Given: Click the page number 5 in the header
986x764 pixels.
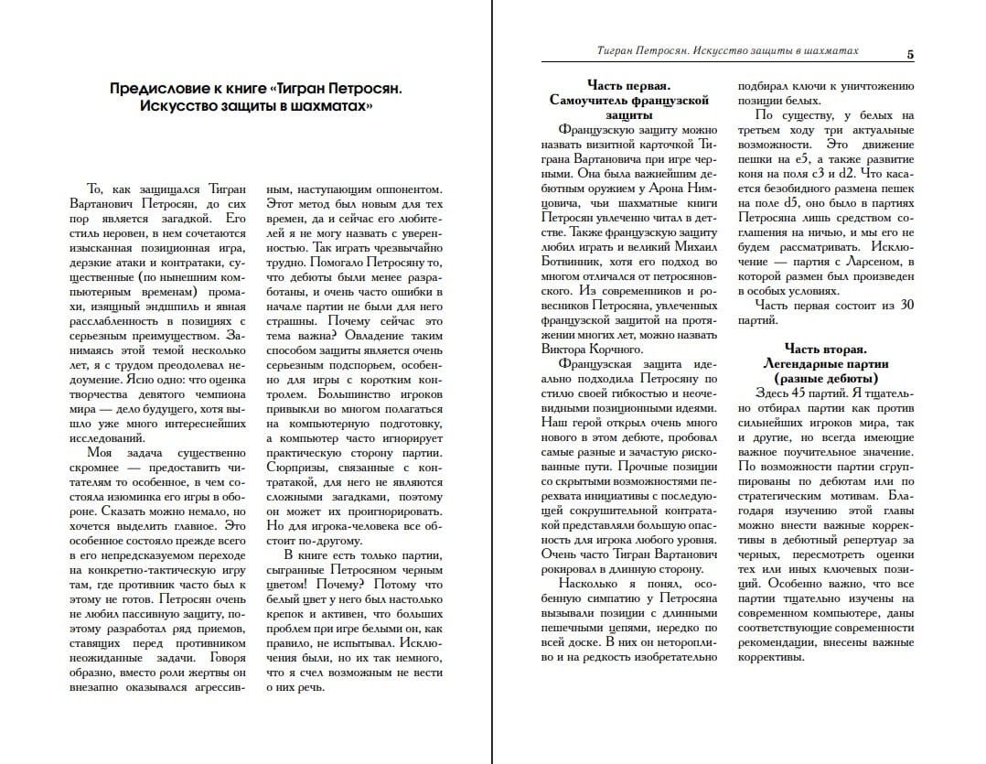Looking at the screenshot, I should (x=909, y=54).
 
